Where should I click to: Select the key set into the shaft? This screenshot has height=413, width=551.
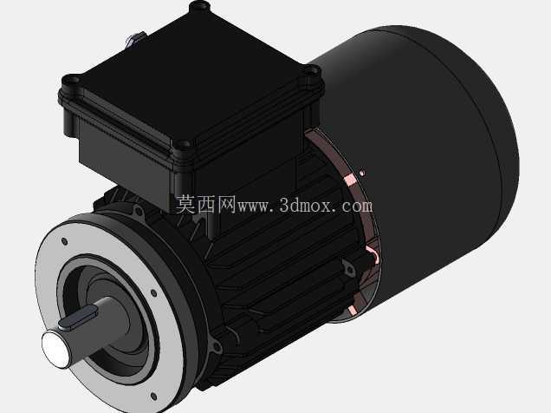(78, 318)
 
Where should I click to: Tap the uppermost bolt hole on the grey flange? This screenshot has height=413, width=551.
(64, 241)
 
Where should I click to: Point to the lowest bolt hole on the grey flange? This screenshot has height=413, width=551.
(153, 397)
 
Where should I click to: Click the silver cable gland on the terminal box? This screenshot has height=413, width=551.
(134, 38)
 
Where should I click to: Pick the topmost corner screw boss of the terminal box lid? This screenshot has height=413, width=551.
(200, 6)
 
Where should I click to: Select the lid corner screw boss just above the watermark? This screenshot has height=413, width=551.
(183, 144)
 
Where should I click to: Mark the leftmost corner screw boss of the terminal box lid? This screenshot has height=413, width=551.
(73, 80)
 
